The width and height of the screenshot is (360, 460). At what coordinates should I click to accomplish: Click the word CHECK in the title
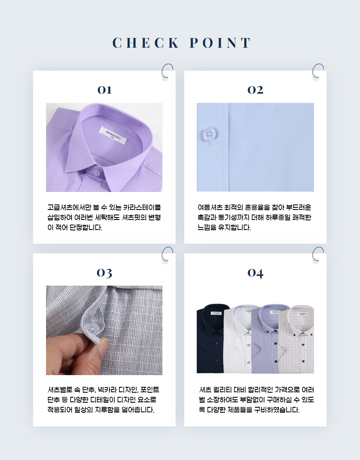pyautogui.click(x=146, y=43)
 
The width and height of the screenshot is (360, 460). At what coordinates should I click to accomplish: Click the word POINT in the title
pyautogui.click(x=220, y=43)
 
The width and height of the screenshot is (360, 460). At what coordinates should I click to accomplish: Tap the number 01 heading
pyautogui.click(x=105, y=90)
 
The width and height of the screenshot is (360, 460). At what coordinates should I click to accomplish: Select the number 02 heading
pyautogui.click(x=255, y=90)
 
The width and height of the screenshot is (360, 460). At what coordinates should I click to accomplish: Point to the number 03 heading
pyautogui.click(x=105, y=273)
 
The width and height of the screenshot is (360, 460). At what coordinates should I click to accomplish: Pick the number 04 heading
pyautogui.click(x=255, y=273)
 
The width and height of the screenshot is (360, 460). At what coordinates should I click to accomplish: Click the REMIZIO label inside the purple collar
pyautogui.click(x=113, y=135)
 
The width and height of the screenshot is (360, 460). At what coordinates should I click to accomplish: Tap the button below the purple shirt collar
pyautogui.click(x=96, y=172)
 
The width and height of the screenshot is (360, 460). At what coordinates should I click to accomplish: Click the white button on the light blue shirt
pyautogui.click(x=209, y=135)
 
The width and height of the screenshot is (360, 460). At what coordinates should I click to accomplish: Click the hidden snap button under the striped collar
pyautogui.click(x=93, y=328)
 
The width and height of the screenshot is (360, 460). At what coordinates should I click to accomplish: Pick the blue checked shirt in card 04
pyautogui.click(x=266, y=339)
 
